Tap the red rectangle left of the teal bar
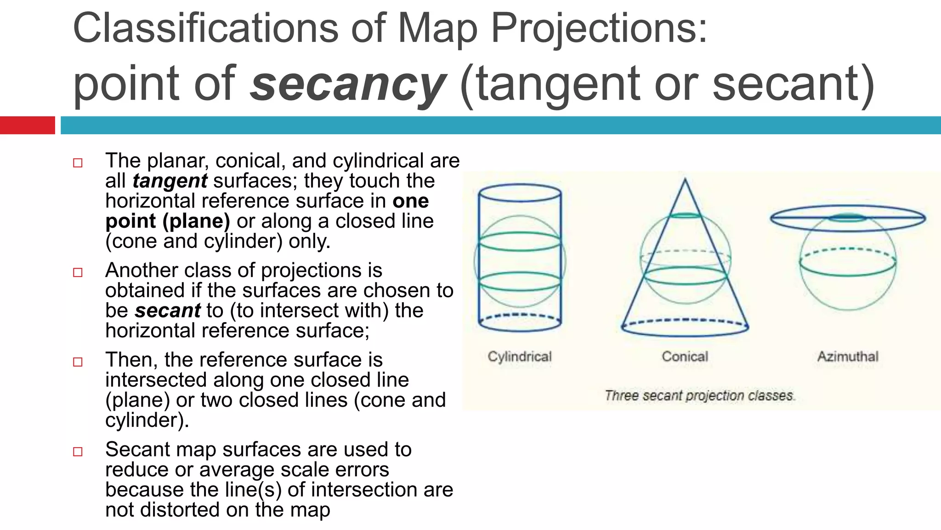(27, 125)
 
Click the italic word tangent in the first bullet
(170, 181)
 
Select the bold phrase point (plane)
(168, 221)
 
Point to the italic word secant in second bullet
(168, 311)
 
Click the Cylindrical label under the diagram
(520, 357)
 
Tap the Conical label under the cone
(685, 357)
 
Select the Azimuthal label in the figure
(848, 357)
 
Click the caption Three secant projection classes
(699, 396)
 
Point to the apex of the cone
(685, 180)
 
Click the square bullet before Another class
(78, 272)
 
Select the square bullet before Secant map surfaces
(78, 451)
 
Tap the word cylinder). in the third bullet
(147, 420)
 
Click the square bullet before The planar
(78, 163)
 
